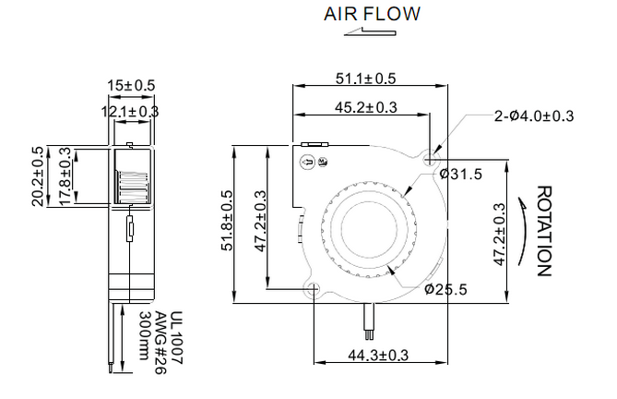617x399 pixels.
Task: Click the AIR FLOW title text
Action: [x=372, y=14]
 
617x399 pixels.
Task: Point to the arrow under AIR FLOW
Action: [x=370, y=31]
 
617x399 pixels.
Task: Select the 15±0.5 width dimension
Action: [x=132, y=85]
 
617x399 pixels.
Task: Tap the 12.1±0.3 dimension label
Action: [x=130, y=112]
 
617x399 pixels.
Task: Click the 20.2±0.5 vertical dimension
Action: [x=38, y=176]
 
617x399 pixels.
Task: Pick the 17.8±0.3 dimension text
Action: [x=65, y=176]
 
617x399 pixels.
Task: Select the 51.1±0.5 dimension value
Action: [x=365, y=79]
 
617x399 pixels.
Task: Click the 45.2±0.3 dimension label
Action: [x=366, y=107]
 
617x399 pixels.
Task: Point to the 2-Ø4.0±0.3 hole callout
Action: [x=534, y=116]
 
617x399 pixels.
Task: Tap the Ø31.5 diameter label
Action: [x=461, y=174]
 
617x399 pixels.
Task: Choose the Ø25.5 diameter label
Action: [x=445, y=289]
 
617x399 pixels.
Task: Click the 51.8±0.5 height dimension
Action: [x=228, y=221]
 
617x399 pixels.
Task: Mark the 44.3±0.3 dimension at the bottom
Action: [x=378, y=356]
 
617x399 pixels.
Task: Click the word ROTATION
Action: [x=545, y=231]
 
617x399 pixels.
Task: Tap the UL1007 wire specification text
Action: [x=176, y=338]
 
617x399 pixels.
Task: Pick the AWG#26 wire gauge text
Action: [x=160, y=343]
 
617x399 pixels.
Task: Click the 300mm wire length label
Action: [x=145, y=336]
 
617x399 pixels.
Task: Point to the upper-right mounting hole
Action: [x=431, y=160]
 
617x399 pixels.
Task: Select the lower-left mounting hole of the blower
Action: [x=314, y=288]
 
